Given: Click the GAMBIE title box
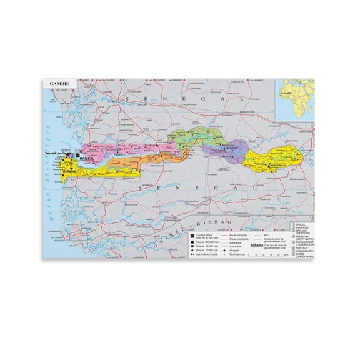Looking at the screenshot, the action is click(x=61, y=82).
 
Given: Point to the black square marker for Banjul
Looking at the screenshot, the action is click(x=78, y=156).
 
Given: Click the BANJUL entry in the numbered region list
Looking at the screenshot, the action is click(x=301, y=226).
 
